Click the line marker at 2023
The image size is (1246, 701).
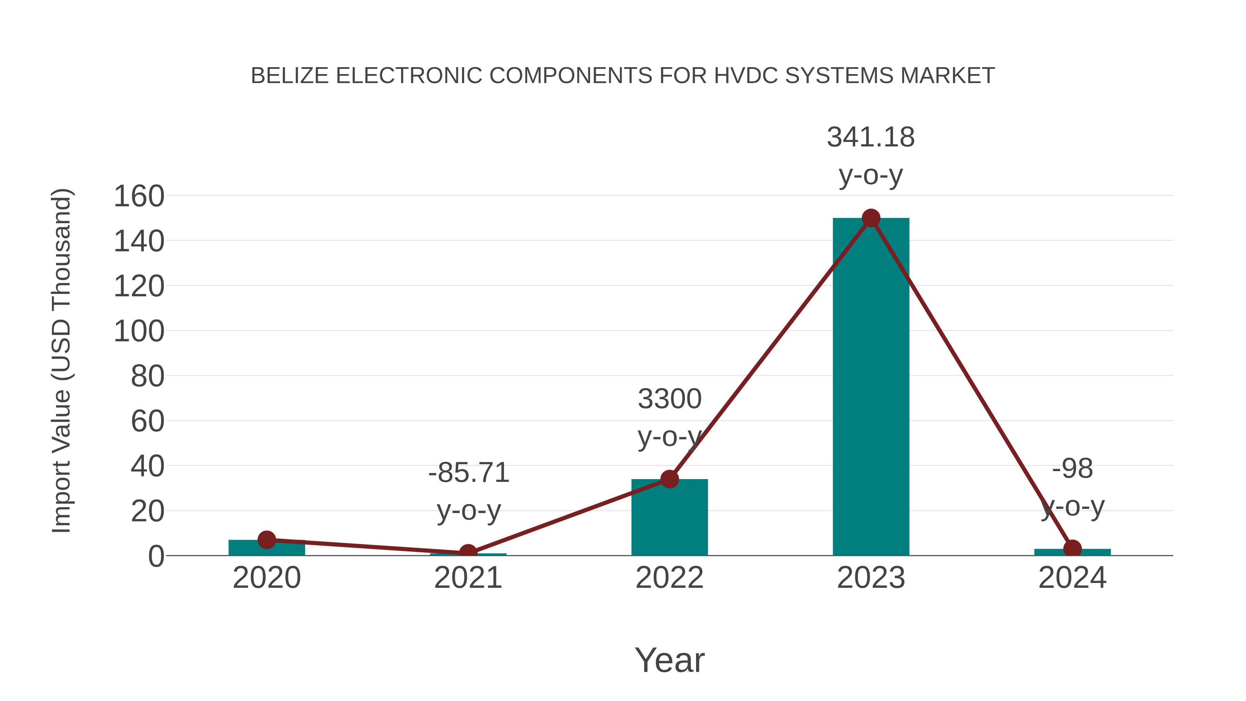click(871, 218)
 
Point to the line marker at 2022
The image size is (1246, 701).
click(669, 479)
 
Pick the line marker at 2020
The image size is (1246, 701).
click(267, 539)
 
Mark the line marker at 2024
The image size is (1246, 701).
click(1072, 549)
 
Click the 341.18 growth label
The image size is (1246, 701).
click(871, 137)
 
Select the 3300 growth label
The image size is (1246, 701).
click(669, 399)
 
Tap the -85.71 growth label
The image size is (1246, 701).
click(469, 473)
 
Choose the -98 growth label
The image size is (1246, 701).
click(1072, 469)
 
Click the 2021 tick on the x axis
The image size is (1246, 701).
click(468, 578)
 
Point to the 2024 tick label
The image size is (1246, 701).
click(1072, 578)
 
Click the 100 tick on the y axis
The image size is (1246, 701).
click(139, 332)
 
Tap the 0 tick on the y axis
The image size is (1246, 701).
click(156, 556)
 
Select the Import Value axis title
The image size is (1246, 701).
click(61, 360)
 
